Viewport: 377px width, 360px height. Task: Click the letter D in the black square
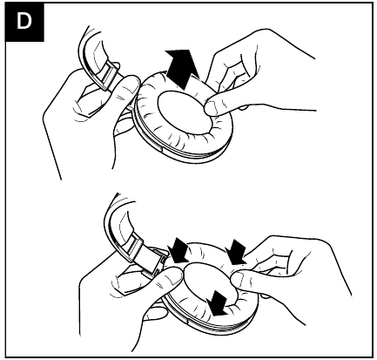click(24, 21)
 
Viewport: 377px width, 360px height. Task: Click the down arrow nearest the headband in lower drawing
click(178, 250)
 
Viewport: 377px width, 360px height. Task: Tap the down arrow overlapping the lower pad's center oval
click(219, 303)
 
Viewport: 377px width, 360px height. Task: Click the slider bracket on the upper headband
click(108, 76)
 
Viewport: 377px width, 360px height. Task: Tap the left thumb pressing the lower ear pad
click(172, 280)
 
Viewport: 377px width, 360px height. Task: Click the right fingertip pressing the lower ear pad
click(241, 277)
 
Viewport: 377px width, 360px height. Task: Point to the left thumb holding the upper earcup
click(128, 86)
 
